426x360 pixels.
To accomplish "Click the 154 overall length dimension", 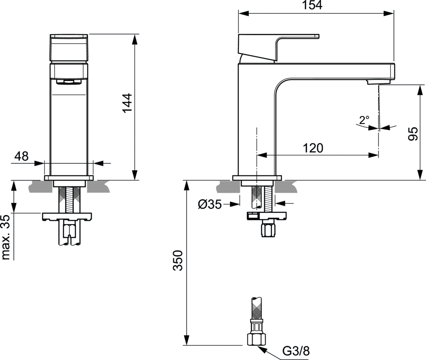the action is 312,5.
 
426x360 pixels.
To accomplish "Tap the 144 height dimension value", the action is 127,103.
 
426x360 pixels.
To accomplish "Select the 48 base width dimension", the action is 22,156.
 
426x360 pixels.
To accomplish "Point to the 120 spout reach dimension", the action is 313,148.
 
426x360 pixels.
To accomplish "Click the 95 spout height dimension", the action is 413,133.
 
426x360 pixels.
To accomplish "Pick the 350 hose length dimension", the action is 178,260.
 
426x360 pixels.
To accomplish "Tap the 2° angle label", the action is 364,120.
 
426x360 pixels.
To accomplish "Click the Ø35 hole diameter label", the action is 210,205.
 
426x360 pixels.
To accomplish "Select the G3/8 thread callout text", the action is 296,351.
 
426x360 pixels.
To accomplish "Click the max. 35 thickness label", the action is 5,237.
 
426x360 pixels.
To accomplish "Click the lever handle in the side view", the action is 278,47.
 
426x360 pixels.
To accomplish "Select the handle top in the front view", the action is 69,48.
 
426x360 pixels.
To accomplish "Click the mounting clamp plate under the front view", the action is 67,217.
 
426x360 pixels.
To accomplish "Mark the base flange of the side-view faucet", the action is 257,178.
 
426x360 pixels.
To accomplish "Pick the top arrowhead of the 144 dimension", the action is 135,39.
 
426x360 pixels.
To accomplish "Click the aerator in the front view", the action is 69,82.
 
